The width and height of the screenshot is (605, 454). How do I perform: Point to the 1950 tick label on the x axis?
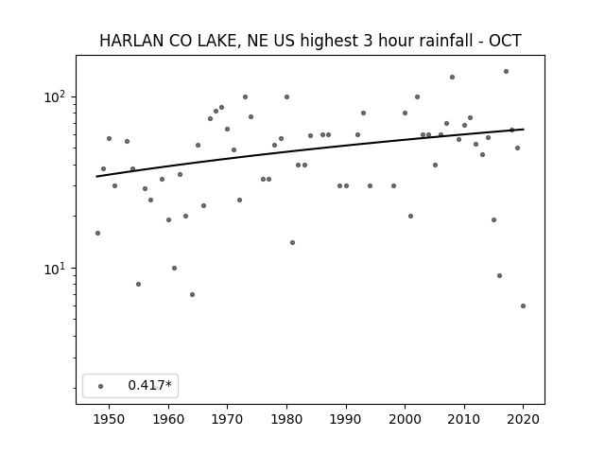pos(110,419)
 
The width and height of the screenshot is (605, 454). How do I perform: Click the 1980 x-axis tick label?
pos(286,419)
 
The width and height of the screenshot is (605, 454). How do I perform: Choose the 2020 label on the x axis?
pos(523,419)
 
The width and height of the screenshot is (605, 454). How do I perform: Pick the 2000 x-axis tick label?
pos(405,419)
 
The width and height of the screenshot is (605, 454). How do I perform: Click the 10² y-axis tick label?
pos(56,96)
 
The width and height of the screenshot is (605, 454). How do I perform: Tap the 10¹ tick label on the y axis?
pos(56,269)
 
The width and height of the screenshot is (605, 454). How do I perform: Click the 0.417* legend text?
pos(149,385)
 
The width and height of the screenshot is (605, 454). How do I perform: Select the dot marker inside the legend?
pos(101,386)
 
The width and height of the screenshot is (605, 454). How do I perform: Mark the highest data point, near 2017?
pos(506,72)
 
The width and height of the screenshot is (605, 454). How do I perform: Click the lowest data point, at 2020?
pos(523,306)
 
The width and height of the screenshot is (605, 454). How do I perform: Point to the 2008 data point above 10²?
pos(452,78)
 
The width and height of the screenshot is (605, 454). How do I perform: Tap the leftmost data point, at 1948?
pos(97,234)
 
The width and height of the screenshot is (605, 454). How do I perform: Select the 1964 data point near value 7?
pos(192,294)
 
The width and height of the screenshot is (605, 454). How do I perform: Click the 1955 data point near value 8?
pos(139,284)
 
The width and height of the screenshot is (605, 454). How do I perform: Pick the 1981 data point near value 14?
pos(292,242)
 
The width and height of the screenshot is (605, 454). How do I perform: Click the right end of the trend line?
pos(524,129)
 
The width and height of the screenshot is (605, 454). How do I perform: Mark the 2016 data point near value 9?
pos(500,275)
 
